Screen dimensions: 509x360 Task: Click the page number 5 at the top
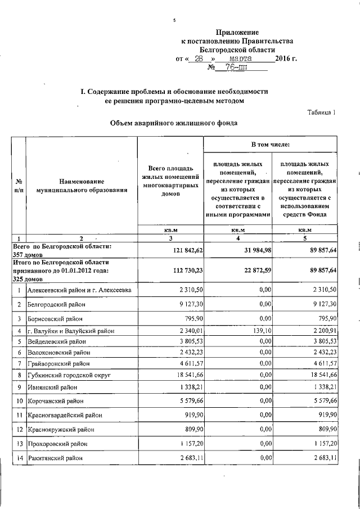tap(174, 21)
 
